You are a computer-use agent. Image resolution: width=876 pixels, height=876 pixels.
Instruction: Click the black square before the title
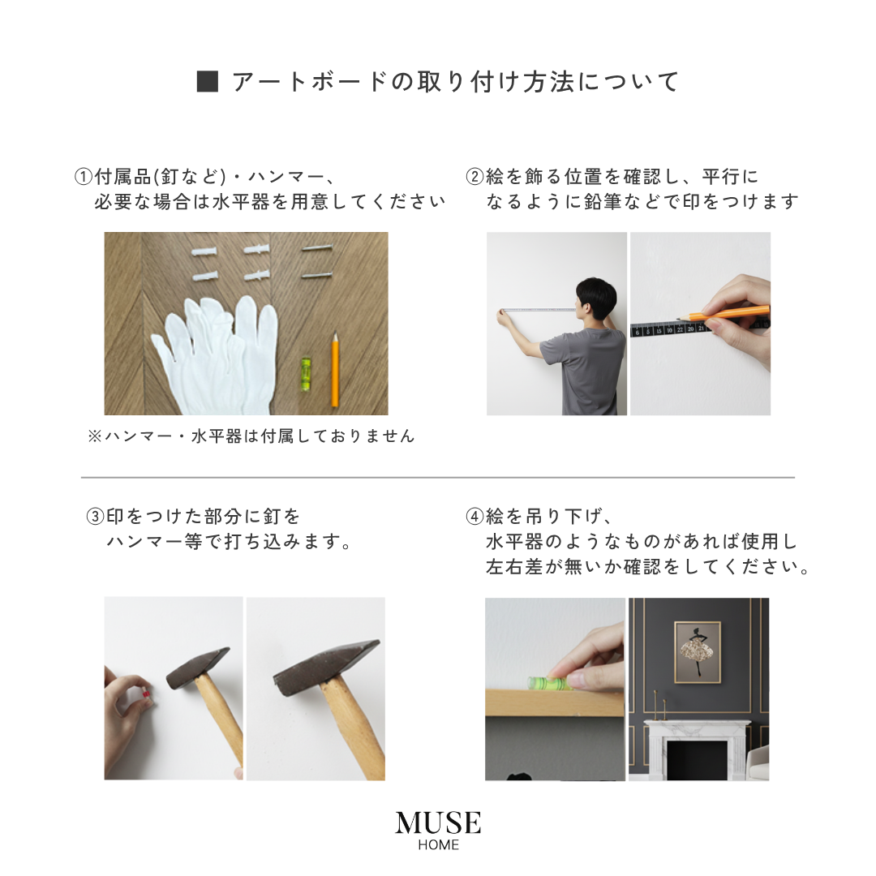point(208,82)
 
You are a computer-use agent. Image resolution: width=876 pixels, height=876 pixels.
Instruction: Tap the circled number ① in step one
point(84,177)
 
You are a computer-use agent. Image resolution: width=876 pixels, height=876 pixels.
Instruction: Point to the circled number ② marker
point(474,177)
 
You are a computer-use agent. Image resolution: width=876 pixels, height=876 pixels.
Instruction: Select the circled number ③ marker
point(95,517)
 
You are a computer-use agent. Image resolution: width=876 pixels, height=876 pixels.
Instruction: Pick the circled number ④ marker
point(474,517)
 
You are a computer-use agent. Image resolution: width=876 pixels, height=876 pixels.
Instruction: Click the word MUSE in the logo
point(438,823)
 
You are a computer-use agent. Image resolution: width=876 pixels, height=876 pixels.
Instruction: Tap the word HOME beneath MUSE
point(438,845)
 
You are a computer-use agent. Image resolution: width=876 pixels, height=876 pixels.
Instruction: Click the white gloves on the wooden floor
point(215,349)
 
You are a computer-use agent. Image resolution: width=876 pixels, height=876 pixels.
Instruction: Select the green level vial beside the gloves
point(306,373)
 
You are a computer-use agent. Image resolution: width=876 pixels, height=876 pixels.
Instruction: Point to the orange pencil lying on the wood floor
point(334,373)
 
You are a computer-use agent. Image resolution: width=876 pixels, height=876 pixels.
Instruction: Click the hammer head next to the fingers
point(198,667)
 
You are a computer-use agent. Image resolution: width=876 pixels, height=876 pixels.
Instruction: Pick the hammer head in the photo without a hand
point(324,667)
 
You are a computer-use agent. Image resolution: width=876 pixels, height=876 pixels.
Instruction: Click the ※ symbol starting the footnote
point(94,436)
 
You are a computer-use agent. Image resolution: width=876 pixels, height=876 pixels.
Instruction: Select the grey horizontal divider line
point(438,478)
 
